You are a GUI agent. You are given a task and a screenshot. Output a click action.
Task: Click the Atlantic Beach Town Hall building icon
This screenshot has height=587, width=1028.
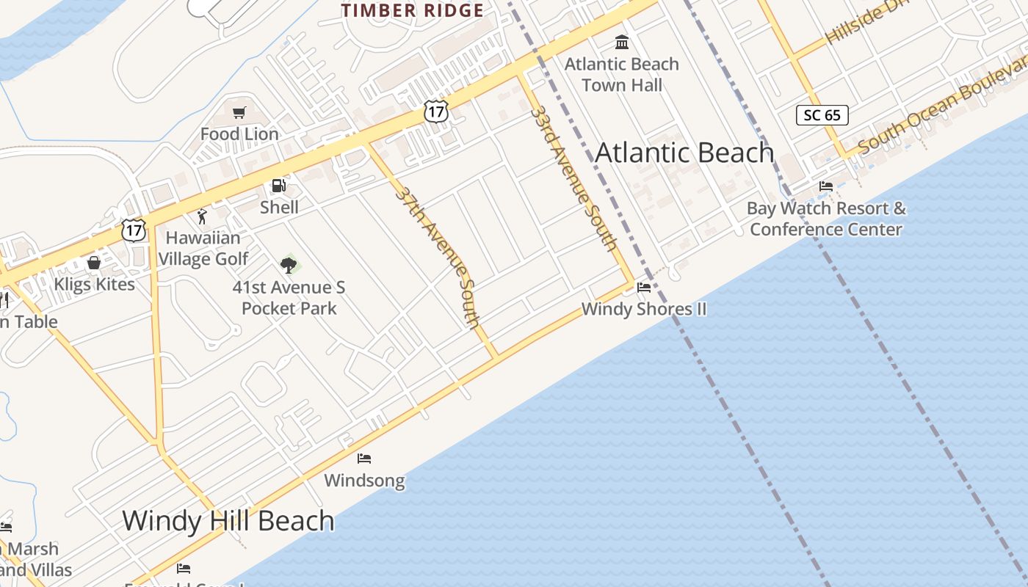(x=622, y=42)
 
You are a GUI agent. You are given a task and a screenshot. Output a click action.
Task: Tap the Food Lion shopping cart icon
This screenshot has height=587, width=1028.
(x=239, y=112)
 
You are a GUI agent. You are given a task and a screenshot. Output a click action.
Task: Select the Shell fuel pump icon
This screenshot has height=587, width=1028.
(x=279, y=186)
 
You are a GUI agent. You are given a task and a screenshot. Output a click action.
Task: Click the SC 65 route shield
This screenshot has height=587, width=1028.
(x=822, y=115)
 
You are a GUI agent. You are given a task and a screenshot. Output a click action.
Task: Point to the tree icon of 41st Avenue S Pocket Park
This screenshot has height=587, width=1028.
(x=289, y=265)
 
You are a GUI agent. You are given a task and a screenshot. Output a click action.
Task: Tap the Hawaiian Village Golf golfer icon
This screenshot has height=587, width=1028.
(x=203, y=216)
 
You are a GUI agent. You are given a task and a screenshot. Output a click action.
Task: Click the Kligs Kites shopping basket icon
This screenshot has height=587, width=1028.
(x=94, y=263)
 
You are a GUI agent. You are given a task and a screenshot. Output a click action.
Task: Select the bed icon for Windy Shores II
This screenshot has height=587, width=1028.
(x=644, y=288)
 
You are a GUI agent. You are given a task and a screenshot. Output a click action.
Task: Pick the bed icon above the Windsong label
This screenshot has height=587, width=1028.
(x=364, y=459)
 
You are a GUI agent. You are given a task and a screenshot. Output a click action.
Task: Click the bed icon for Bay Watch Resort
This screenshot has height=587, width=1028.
(x=826, y=186)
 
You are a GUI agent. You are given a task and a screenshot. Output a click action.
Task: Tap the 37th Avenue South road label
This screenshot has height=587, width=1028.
(x=438, y=257)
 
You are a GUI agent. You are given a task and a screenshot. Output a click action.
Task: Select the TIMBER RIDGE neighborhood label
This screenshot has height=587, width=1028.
(x=413, y=11)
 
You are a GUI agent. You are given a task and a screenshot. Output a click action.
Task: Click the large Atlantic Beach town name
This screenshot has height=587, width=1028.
(x=684, y=153)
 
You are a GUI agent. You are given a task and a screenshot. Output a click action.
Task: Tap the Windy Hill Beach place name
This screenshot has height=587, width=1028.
(x=228, y=520)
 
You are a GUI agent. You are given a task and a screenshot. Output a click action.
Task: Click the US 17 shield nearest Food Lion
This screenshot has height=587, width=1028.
(x=436, y=112)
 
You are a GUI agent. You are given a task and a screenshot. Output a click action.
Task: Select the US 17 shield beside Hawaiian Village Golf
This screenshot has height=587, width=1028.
(x=134, y=230)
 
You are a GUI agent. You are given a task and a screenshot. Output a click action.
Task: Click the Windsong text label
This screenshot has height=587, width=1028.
(x=364, y=481)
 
